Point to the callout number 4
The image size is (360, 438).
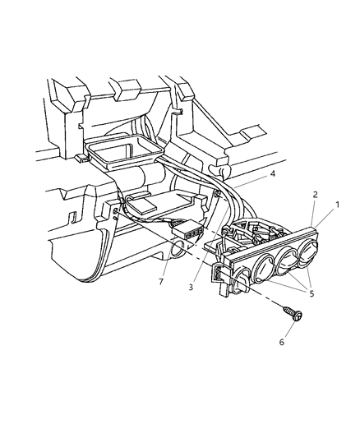point(273,174)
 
